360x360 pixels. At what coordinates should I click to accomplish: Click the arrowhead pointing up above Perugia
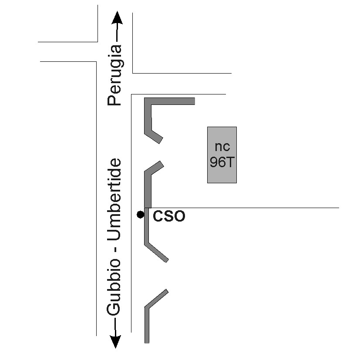coord(115,18)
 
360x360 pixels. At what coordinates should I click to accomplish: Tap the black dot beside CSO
coord(140,214)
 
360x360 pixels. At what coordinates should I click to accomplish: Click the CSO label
coord(169,216)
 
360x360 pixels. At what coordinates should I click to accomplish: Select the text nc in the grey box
coord(222,146)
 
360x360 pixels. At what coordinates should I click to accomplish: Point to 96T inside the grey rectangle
coord(222,162)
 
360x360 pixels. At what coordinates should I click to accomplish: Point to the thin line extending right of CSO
coord(261,208)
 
